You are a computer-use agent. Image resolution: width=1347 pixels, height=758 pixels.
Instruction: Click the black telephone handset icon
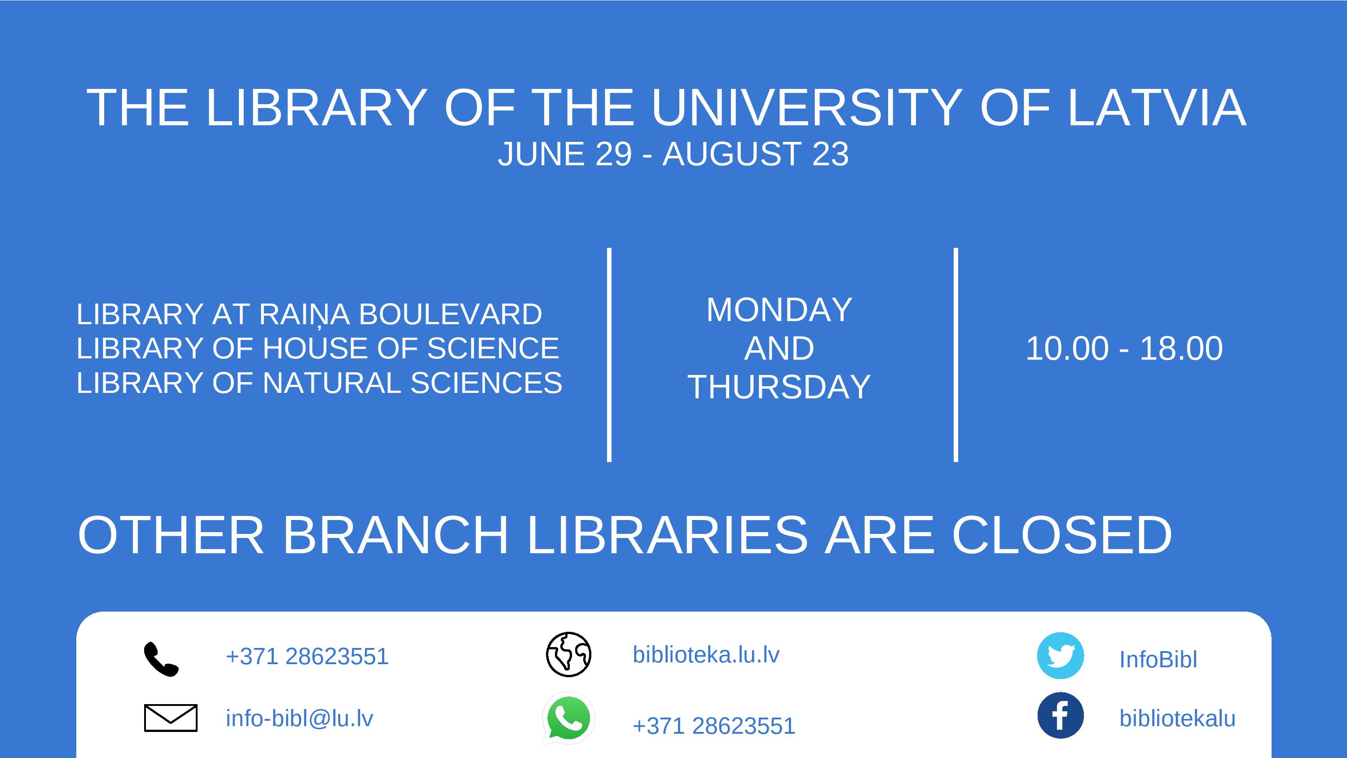tap(161, 659)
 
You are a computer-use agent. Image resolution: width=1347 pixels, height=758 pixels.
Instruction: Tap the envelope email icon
tap(171, 718)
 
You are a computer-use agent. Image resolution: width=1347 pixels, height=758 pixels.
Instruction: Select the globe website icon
tap(568, 654)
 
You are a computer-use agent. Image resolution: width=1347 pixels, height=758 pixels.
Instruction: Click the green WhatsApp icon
tap(568, 718)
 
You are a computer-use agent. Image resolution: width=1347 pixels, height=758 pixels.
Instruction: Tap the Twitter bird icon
tap(1061, 656)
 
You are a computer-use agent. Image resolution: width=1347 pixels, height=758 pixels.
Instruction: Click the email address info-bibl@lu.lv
tap(299, 718)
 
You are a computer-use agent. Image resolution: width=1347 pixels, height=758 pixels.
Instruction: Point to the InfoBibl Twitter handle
tap(1158, 659)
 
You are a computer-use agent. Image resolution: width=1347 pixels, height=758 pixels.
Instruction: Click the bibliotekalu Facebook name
tap(1177, 718)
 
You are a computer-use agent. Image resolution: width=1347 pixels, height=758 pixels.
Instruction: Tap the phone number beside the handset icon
tap(307, 656)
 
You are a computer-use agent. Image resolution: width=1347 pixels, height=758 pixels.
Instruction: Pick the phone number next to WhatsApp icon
tap(714, 726)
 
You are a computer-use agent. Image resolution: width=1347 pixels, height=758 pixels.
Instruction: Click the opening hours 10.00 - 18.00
tap(1124, 348)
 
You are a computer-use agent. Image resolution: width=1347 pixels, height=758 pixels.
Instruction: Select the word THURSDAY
tap(779, 387)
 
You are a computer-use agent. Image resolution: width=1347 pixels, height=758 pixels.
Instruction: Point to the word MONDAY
tap(779, 310)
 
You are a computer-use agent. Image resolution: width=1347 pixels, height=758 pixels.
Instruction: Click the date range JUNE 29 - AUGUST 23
tap(673, 154)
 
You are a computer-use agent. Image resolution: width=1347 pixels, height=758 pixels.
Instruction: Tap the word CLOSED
tap(1061, 535)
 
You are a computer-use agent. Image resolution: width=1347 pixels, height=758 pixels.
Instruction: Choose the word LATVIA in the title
tap(1157, 107)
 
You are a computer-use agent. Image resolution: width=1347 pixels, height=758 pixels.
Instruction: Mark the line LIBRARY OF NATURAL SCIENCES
tap(319, 383)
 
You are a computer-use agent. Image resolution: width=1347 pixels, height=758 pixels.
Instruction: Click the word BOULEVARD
tap(450, 314)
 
